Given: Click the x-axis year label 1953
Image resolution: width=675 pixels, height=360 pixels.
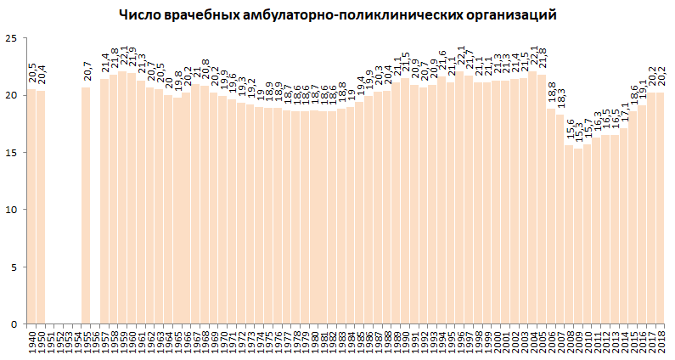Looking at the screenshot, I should coord(68,341).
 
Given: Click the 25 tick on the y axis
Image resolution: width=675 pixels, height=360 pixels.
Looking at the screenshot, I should coord(11,38).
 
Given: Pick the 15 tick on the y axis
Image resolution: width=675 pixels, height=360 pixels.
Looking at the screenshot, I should coord(11,153).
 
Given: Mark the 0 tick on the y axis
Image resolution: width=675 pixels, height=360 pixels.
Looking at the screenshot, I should coord(14,324).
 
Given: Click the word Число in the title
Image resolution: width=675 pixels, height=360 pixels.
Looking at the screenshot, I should coord(138,14).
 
